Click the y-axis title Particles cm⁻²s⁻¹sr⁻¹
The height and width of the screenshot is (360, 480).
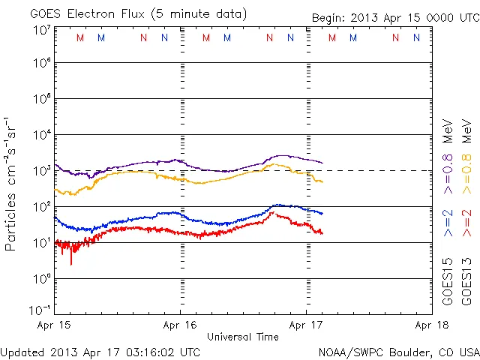tap(11, 183)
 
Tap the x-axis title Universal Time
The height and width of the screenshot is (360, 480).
tap(243, 337)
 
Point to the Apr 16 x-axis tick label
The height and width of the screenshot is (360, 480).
tap(180, 326)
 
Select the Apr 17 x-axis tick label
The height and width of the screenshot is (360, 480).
tap(306, 326)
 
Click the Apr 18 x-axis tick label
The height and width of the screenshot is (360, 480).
tap(430, 326)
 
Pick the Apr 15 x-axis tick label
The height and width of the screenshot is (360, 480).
tap(55, 326)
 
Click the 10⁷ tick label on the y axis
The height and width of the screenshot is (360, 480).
tap(42, 29)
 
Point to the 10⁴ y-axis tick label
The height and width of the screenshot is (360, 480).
tap(42, 135)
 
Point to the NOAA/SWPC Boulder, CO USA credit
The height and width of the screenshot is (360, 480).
tap(398, 352)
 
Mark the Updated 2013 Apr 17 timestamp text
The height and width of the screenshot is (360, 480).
tap(100, 352)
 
